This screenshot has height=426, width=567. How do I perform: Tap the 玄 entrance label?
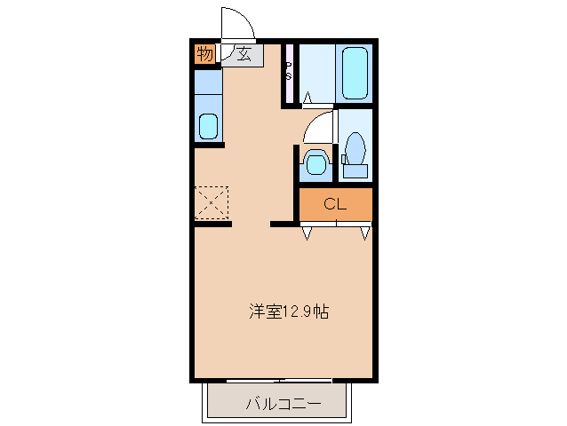click(x=243, y=55)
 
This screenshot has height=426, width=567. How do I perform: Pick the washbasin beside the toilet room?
click(x=314, y=162)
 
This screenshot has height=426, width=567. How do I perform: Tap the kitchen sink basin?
click(x=208, y=126)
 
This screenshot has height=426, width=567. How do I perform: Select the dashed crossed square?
click(x=212, y=202)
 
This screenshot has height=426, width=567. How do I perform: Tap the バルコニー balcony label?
click(x=283, y=406)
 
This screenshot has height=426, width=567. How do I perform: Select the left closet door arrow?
click(x=307, y=233)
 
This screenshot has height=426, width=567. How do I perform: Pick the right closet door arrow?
click(x=364, y=233)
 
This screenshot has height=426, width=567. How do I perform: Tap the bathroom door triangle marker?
click(x=307, y=97)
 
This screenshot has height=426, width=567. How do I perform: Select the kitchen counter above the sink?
click(x=208, y=84)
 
